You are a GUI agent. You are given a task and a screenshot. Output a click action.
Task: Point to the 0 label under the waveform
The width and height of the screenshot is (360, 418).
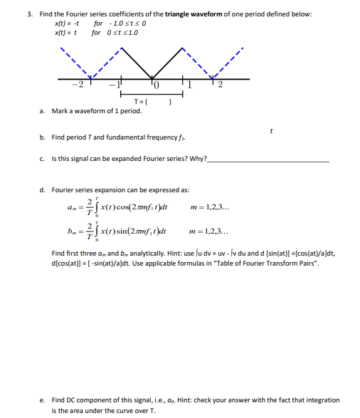[157, 85]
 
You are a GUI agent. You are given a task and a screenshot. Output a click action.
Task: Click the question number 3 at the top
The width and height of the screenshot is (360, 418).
[30, 14]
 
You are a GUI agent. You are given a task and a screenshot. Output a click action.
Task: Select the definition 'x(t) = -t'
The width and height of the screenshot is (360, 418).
[66, 23]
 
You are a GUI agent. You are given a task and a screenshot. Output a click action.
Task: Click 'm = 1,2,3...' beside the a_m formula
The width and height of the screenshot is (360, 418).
[211, 207]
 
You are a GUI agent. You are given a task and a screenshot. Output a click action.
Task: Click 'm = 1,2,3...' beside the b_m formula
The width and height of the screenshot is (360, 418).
[211, 232]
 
